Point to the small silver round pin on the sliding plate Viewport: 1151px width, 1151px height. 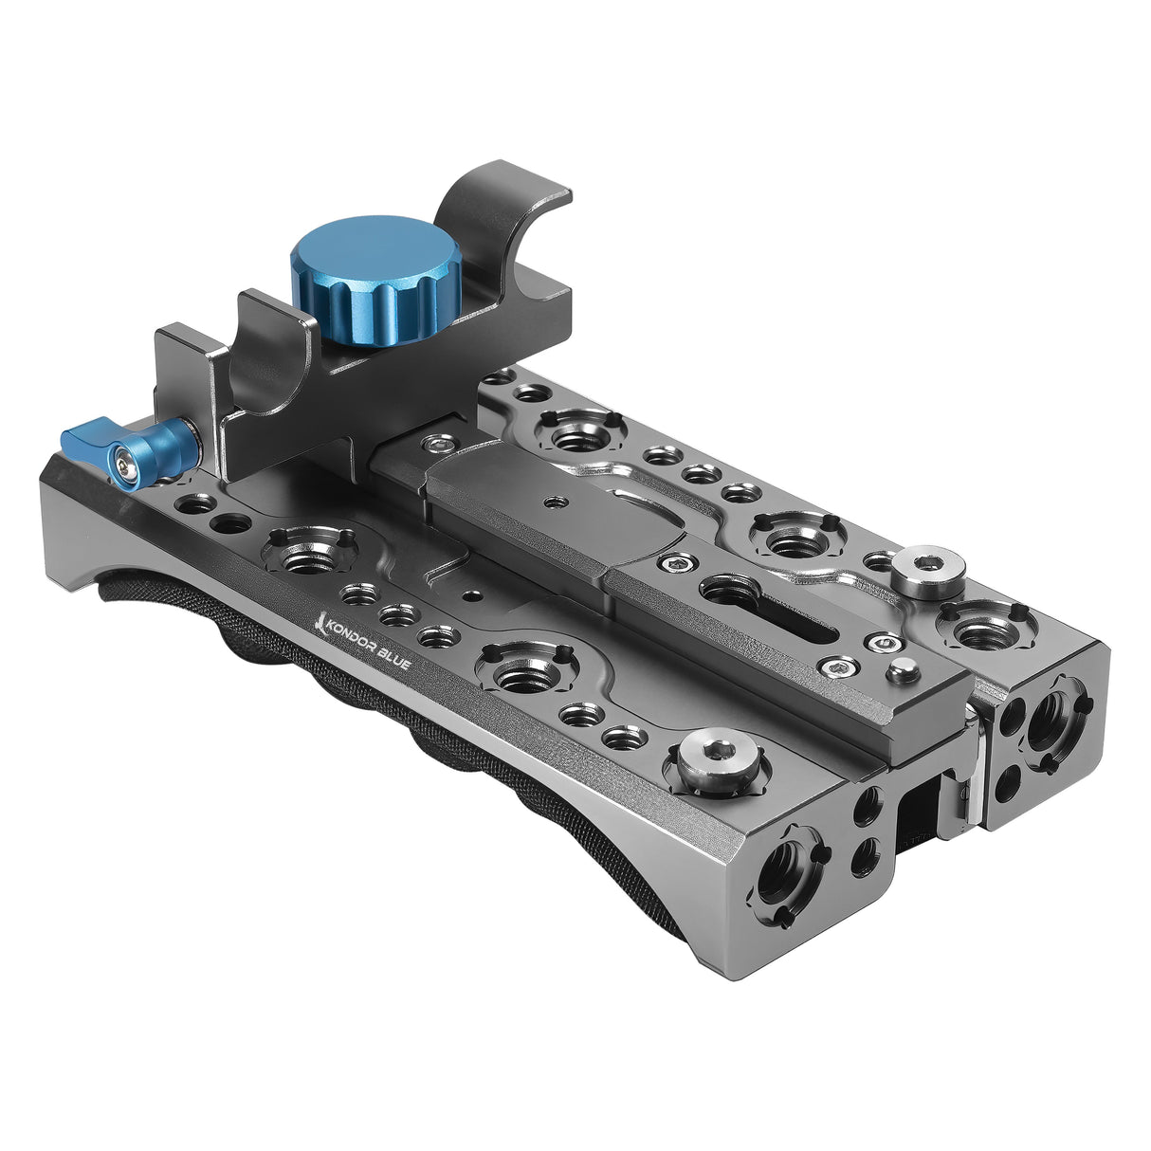point(904,671)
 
